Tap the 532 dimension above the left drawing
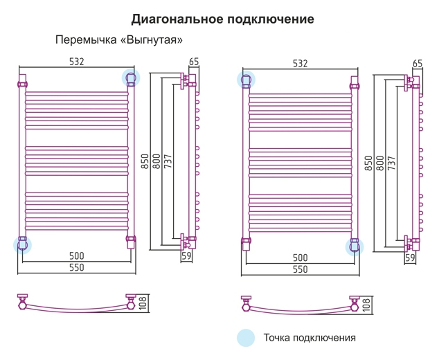(x=76, y=62)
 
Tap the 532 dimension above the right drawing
(x=300, y=64)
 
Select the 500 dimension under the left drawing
(x=76, y=256)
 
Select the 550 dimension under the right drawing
(x=300, y=269)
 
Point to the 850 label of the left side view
(x=145, y=161)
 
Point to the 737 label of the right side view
(x=391, y=163)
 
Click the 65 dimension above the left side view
(x=194, y=62)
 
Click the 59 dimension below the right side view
(x=410, y=258)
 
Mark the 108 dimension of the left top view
(x=143, y=303)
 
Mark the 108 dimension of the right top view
(x=366, y=305)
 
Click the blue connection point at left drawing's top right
(x=131, y=78)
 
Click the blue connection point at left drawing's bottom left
(x=22, y=245)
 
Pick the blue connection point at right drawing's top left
(x=246, y=79)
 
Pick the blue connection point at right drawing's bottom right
(x=355, y=247)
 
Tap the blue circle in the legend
(x=246, y=338)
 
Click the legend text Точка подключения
(x=310, y=338)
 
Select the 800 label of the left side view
(x=156, y=161)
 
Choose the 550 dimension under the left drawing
(x=76, y=267)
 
